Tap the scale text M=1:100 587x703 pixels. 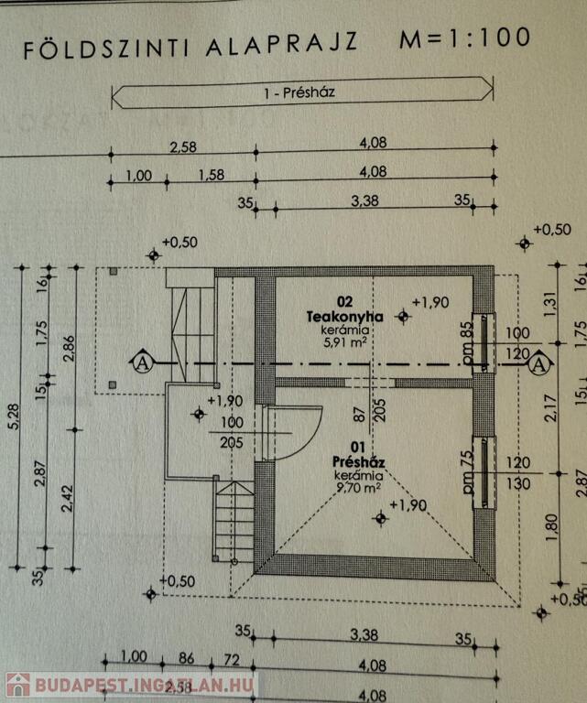[x=464, y=38]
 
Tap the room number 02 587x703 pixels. [x=344, y=301]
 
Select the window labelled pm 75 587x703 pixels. [x=482, y=472]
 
